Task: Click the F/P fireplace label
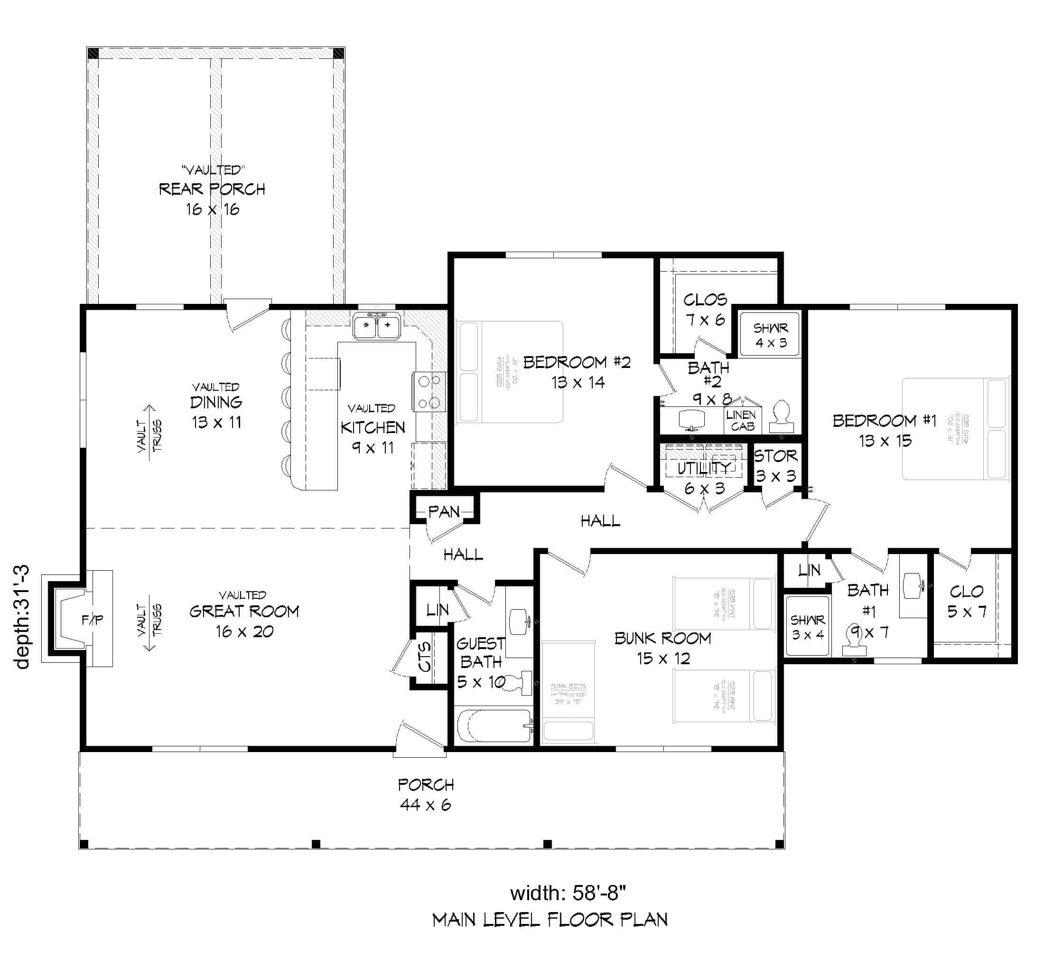[93, 620]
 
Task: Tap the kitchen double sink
[377, 326]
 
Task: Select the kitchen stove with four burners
[429, 391]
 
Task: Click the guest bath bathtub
[494, 725]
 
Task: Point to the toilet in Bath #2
[781, 417]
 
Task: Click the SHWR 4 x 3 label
[771, 335]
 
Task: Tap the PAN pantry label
[444, 511]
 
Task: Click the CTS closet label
[424, 657]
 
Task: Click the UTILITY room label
[704, 468]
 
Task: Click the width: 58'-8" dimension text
[568, 892]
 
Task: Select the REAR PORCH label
[212, 189]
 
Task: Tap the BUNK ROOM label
[662, 638]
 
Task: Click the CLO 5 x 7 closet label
[966, 601]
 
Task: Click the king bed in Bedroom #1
[955, 429]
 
